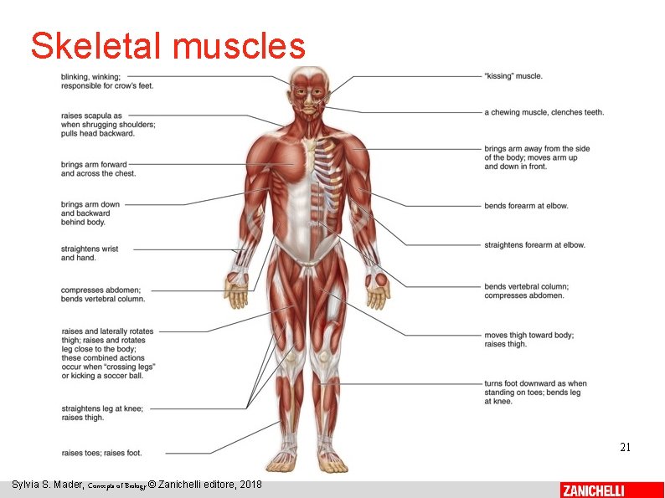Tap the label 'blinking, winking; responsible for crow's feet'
[x=106, y=80]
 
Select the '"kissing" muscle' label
[x=513, y=76]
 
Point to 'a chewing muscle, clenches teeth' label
[x=544, y=112]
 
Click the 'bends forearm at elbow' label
[x=526, y=205]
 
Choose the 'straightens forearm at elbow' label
[x=534, y=245]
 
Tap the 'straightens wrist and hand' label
[x=90, y=253]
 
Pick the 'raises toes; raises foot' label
[x=101, y=453]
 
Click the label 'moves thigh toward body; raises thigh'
[x=528, y=340]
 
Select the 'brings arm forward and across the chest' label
[x=98, y=169]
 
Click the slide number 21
[x=625, y=447]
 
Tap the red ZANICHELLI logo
[x=592, y=490]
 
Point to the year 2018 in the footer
[x=250, y=485]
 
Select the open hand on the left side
[x=237, y=290]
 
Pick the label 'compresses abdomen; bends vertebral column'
[x=103, y=295]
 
